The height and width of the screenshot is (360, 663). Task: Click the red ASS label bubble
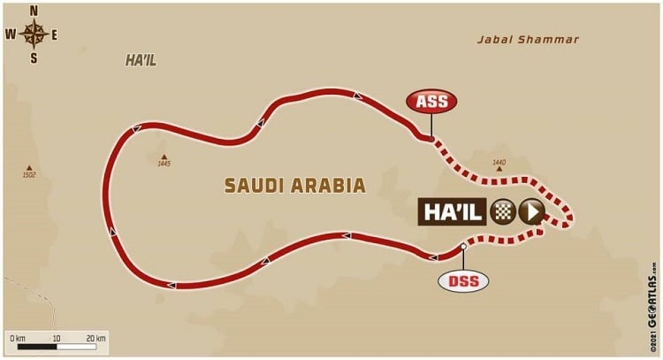click(431, 102)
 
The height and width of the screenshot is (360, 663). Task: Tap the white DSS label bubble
click(462, 281)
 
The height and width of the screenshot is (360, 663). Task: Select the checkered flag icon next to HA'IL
click(503, 211)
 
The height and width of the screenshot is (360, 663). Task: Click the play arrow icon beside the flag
click(530, 211)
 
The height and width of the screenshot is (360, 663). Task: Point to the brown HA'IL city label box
click(454, 211)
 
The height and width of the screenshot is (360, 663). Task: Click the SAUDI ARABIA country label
click(294, 186)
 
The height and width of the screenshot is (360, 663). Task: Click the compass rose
click(34, 34)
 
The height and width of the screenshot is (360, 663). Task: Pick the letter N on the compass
click(34, 11)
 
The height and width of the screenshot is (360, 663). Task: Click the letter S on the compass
click(34, 59)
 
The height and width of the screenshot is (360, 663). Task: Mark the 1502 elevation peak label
click(29, 176)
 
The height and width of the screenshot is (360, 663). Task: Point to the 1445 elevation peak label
click(163, 164)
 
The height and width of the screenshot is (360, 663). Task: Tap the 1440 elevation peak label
click(498, 163)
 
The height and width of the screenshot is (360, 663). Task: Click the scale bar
click(57, 347)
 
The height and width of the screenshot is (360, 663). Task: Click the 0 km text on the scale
click(18, 337)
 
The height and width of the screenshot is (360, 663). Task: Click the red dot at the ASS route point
click(430, 139)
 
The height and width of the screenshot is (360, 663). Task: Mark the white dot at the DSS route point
click(463, 247)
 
